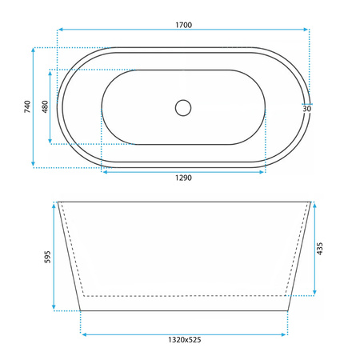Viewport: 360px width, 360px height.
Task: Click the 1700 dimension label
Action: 183,25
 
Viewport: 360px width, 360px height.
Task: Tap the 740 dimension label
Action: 27,106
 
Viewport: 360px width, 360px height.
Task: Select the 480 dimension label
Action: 45,106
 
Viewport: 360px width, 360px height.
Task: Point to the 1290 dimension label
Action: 183,178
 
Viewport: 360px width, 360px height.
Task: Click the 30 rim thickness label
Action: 307,109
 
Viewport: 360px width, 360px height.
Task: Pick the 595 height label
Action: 47,257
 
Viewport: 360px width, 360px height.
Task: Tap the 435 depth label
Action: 320,249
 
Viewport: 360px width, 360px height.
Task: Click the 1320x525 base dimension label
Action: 185,340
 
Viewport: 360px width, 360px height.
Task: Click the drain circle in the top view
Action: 183,108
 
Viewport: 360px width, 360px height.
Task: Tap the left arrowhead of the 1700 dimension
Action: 60,30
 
